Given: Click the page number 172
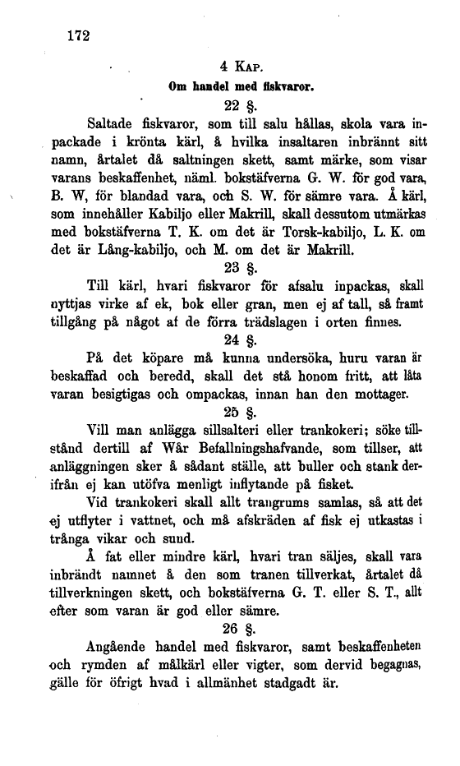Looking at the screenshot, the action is [x=74, y=35].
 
